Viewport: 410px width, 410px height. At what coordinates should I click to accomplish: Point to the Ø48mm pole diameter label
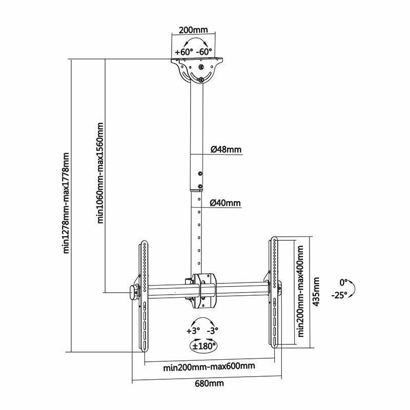pyautogui.click(x=225, y=150)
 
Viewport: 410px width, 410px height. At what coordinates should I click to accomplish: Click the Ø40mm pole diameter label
pyautogui.click(x=225, y=203)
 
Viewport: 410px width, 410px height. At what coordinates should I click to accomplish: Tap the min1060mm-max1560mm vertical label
pyautogui.click(x=100, y=174)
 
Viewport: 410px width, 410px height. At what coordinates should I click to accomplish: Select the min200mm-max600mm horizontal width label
pyautogui.click(x=209, y=366)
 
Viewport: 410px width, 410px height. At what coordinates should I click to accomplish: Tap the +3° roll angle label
pyautogui.click(x=193, y=331)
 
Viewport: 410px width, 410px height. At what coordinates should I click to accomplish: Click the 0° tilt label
pyautogui.click(x=343, y=282)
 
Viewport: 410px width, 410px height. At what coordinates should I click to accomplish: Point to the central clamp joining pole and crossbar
pyautogui.click(x=203, y=291)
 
